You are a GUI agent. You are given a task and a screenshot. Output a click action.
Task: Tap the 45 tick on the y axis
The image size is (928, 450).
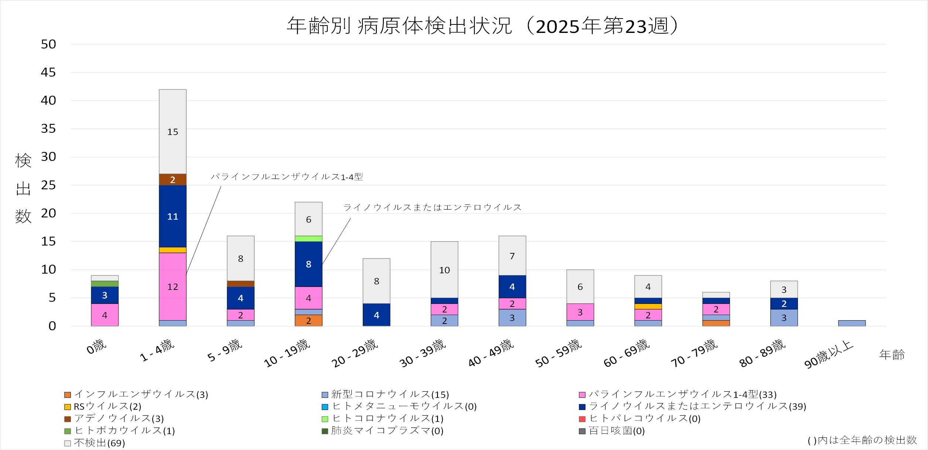pyautogui.click(x=48, y=72)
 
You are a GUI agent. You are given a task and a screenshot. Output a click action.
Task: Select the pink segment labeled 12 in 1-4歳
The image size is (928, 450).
pyautogui.click(x=173, y=287)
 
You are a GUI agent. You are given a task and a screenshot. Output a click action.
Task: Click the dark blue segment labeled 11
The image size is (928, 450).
pyautogui.click(x=173, y=216)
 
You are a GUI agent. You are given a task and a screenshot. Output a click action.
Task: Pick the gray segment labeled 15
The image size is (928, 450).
pyautogui.click(x=173, y=132)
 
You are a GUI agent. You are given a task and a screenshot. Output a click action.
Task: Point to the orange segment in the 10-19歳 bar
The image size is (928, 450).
pyautogui.click(x=308, y=321)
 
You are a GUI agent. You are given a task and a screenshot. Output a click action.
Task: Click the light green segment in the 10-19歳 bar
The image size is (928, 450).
pyautogui.click(x=308, y=239)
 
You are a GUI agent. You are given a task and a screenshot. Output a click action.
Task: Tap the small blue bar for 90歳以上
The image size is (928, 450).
pyautogui.click(x=852, y=323)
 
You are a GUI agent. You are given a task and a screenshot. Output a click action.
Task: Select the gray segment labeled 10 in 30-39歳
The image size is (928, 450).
pyautogui.click(x=444, y=270)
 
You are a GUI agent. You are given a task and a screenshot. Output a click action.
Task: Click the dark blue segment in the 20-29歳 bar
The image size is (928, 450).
pyautogui.click(x=376, y=315)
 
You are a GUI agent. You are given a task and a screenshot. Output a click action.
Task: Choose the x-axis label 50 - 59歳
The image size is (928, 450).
pyautogui.click(x=559, y=353)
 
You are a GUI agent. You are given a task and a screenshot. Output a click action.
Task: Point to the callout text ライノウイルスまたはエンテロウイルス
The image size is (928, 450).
pyautogui.click(x=432, y=207)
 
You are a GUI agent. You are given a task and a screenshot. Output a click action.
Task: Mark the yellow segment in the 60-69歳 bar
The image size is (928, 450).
pyautogui.click(x=648, y=307)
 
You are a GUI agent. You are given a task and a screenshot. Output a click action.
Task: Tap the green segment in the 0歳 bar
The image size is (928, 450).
pyautogui.click(x=105, y=284)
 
